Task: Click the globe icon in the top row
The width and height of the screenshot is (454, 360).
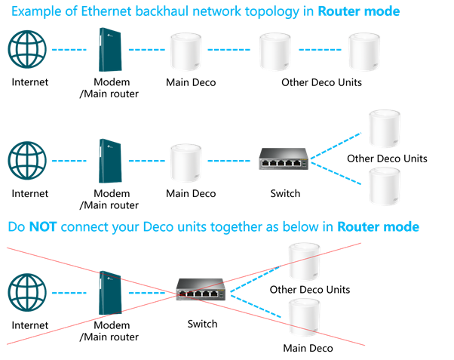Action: tap(28, 50)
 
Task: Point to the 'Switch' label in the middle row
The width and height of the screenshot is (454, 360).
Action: tap(285, 193)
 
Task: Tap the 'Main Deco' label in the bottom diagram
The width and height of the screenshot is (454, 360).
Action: tap(308, 348)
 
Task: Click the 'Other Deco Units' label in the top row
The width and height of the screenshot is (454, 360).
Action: tap(320, 82)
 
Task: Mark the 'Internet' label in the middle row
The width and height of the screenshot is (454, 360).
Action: tap(30, 193)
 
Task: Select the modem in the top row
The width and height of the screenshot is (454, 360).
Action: tap(111, 51)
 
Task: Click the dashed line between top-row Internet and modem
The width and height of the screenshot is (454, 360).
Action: tap(69, 50)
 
